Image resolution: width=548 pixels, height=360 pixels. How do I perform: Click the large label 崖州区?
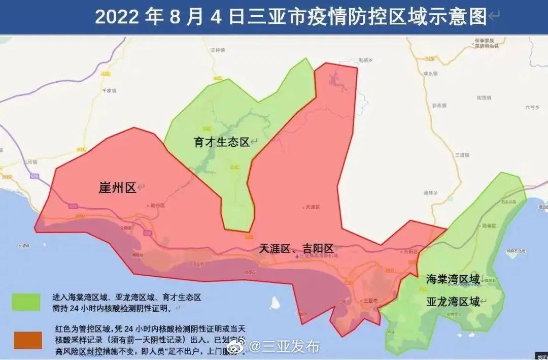[117, 188]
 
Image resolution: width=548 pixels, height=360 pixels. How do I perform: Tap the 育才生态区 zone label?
[222, 142]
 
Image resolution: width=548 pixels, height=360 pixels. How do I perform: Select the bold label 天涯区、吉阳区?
[296, 248]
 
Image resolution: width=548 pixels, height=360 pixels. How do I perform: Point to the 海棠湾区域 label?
[453, 279]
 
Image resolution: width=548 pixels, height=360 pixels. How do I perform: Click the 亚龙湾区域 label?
[453, 302]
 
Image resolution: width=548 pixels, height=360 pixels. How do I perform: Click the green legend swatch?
[26, 301]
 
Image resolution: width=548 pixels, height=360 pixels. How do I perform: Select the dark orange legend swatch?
[27, 340]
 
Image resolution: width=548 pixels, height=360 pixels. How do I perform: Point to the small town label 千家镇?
[109, 90]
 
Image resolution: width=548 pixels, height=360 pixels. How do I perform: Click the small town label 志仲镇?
[218, 50]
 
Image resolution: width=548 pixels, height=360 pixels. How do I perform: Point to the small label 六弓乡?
[531, 107]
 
